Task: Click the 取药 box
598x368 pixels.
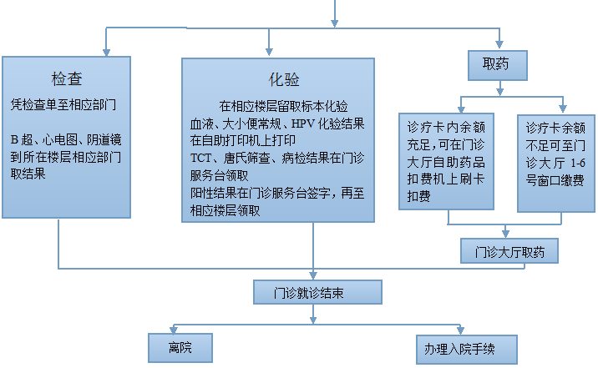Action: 498,65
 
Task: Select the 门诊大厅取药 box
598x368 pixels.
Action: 509,250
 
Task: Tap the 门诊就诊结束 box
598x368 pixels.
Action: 317,292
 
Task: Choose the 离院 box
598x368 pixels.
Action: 180,347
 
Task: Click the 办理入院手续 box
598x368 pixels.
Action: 466,349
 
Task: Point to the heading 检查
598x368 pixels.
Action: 67,78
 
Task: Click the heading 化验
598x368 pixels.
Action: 284,79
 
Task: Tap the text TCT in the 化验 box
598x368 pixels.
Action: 200,158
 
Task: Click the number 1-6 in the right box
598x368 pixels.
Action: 578,163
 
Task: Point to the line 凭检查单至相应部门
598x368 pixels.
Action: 63,104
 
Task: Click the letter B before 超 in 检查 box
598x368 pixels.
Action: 14,140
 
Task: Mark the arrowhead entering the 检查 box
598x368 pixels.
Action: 106,53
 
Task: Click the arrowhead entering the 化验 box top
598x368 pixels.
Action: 269,52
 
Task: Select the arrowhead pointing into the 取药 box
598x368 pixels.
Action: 499,44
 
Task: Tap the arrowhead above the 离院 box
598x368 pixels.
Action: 174,329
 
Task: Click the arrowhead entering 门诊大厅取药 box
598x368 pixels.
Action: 505,233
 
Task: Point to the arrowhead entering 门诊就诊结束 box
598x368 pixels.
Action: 313,275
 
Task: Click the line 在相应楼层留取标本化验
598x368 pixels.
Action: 283,106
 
